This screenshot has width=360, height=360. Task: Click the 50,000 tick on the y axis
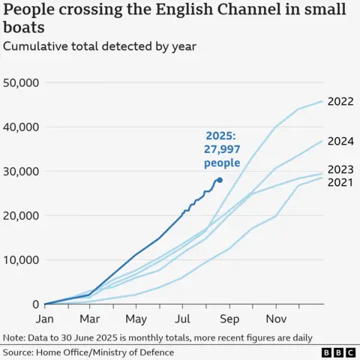pos(22,82)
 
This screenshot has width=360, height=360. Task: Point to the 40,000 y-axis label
pos(22,127)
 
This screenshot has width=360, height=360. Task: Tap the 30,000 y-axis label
pos(22,171)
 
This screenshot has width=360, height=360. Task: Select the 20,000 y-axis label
pos(22,215)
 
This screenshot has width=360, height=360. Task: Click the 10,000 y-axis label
pos(22,260)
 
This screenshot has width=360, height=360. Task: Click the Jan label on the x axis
pos(45,317)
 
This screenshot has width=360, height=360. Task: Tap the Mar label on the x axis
pos(90,317)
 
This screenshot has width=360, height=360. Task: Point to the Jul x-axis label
pos(182,317)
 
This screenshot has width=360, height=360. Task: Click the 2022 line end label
pos(342,101)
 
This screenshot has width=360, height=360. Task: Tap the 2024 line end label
pos(342,141)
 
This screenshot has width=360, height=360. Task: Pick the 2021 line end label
pos(342,183)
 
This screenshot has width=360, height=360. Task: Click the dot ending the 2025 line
pos(219,180)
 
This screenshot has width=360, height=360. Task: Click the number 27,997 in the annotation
pos(223,149)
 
